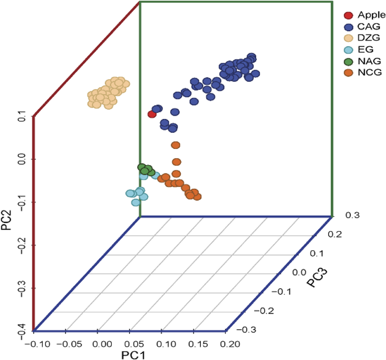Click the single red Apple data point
[152, 114]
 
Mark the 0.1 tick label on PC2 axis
[22, 116]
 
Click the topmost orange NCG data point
[175, 145]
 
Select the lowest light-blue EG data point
[136, 202]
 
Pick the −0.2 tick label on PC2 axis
[22, 245]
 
